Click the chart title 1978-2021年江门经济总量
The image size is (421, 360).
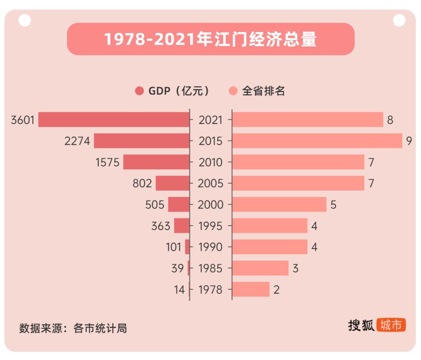[x=210, y=39]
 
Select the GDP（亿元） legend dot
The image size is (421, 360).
[x=140, y=91]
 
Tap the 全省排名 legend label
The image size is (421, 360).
[x=264, y=91]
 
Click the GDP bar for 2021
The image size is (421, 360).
[x=113, y=120]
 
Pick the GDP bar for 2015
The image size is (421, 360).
[x=142, y=141]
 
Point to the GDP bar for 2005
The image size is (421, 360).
[x=172, y=183]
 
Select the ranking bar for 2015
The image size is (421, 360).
[x=317, y=141]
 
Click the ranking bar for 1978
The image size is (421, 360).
[x=251, y=289]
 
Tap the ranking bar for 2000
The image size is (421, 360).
[x=279, y=204]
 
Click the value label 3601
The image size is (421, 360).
[x=23, y=120]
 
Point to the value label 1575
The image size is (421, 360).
[x=108, y=162]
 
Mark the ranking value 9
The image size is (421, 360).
[x=409, y=141]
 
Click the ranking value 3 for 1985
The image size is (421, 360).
[x=295, y=269]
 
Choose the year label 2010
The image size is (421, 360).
[x=210, y=162]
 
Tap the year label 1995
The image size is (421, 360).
[x=210, y=226]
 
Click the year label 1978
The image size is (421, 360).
[x=210, y=290]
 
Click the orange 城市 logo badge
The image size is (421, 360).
[x=391, y=325]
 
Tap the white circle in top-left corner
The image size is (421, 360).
[x=25, y=20]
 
